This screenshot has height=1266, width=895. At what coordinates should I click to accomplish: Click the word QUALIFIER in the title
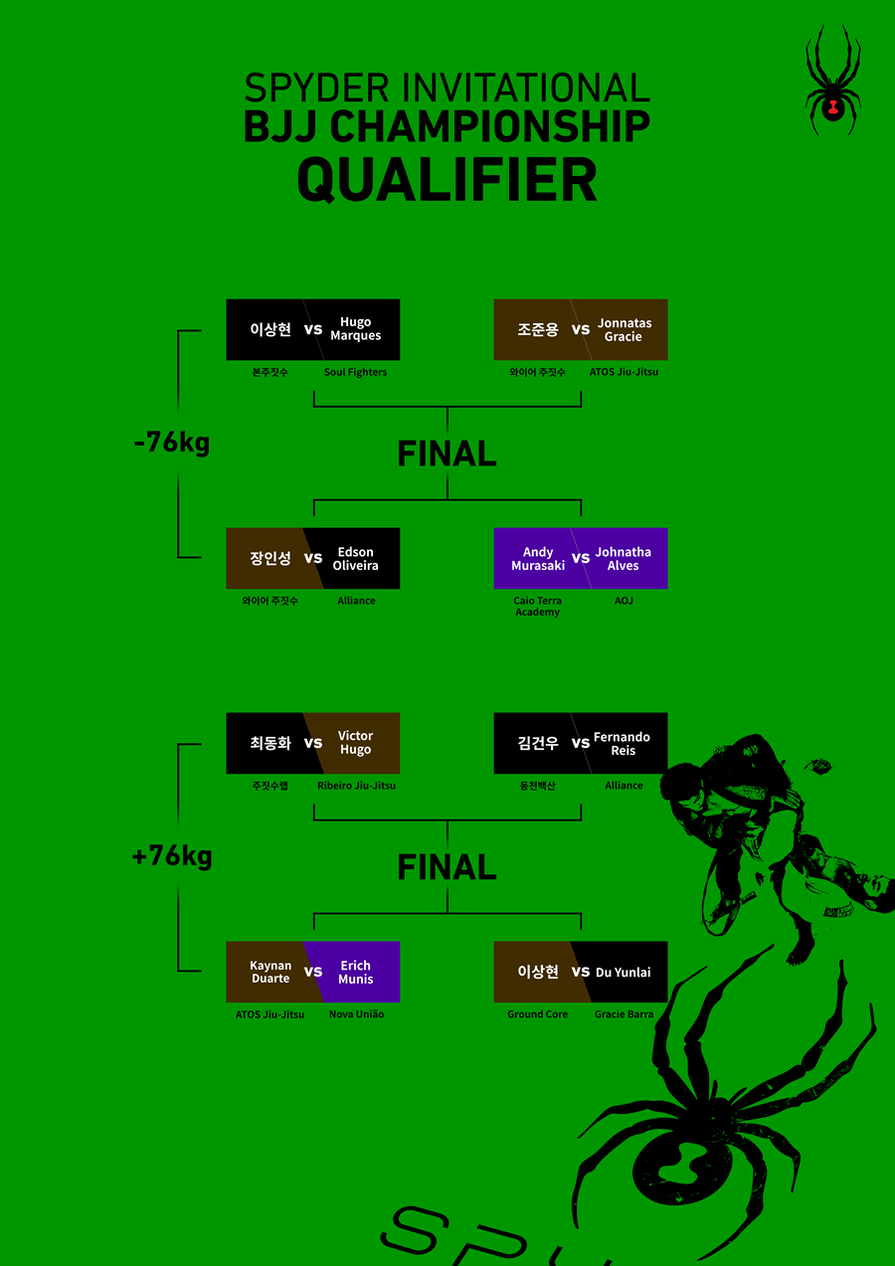[447, 180]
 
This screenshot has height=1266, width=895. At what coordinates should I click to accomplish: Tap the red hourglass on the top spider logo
[833, 106]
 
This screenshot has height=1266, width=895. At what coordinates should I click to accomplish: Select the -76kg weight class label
[172, 443]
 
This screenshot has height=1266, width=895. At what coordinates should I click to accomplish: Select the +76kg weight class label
[172, 856]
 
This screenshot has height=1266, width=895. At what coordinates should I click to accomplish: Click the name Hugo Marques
[355, 329]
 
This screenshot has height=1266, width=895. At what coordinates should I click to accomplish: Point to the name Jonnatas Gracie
[624, 329]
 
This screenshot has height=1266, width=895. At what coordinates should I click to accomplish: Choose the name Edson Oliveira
[355, 558]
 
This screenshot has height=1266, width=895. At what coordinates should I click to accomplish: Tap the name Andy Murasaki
[538, 558]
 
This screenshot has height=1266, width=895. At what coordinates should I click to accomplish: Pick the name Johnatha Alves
[624, 558]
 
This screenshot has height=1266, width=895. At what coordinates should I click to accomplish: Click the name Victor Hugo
[355, 743]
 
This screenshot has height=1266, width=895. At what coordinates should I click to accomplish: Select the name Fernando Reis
[623, 744]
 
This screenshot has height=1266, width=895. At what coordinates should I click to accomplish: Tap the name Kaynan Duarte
[270, 972]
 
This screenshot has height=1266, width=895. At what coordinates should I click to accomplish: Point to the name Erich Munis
[355, 972]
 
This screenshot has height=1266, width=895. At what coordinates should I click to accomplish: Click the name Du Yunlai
[624, 972]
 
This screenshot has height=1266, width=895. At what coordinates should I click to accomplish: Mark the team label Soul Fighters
[355, 372]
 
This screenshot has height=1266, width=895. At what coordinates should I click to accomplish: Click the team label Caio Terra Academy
[537, 606]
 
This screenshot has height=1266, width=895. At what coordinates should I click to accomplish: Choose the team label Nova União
[357, 1014]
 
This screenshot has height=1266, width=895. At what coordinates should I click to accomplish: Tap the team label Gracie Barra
[624, 1014]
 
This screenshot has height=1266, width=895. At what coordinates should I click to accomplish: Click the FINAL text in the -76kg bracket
[447, 453]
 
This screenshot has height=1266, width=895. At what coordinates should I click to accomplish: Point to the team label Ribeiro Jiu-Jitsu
[357, 786]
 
